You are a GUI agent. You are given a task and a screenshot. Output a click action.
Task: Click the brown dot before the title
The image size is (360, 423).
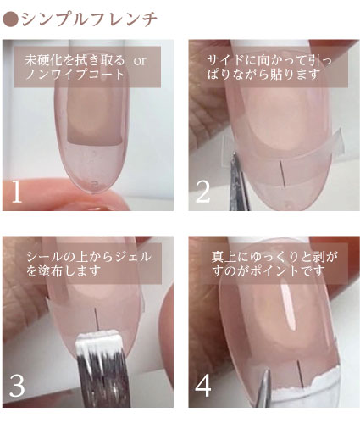pyautogui.click(x=11, y=19)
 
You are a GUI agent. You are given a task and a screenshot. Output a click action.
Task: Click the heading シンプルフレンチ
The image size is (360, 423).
pyautogui.click(x=89, y=19)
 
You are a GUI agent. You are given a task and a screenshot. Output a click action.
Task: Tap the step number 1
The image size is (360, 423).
pyautogui.click(x=16, y=191)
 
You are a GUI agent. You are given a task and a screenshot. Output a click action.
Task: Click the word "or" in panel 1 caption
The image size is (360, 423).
pyautogui.click(x=140, y=61)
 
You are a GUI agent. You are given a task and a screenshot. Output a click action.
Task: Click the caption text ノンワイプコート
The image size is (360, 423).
pyautogui.click(x=75, y=75)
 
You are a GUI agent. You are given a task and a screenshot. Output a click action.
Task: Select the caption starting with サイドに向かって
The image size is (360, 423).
pyautogui.click(x=269, y=68)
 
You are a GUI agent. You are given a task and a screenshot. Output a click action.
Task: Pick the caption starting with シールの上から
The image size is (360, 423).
pyautogui.click(x=89, y=264)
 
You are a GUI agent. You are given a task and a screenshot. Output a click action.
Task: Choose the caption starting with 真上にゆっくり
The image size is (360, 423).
pyautogui.click(x=274, y=264)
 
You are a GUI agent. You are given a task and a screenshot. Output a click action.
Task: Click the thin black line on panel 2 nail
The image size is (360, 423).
pyautogui.click(x=283, y=173)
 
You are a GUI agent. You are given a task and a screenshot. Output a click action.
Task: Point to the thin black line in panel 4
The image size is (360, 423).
pyautogui.click(x=300, y=374)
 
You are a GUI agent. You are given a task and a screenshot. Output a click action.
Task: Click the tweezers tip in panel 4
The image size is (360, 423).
pyautogui.click(x=266, y=370)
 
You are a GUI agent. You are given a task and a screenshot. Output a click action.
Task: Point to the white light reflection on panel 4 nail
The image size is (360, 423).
pyautogui.click(x=288, y=307)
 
